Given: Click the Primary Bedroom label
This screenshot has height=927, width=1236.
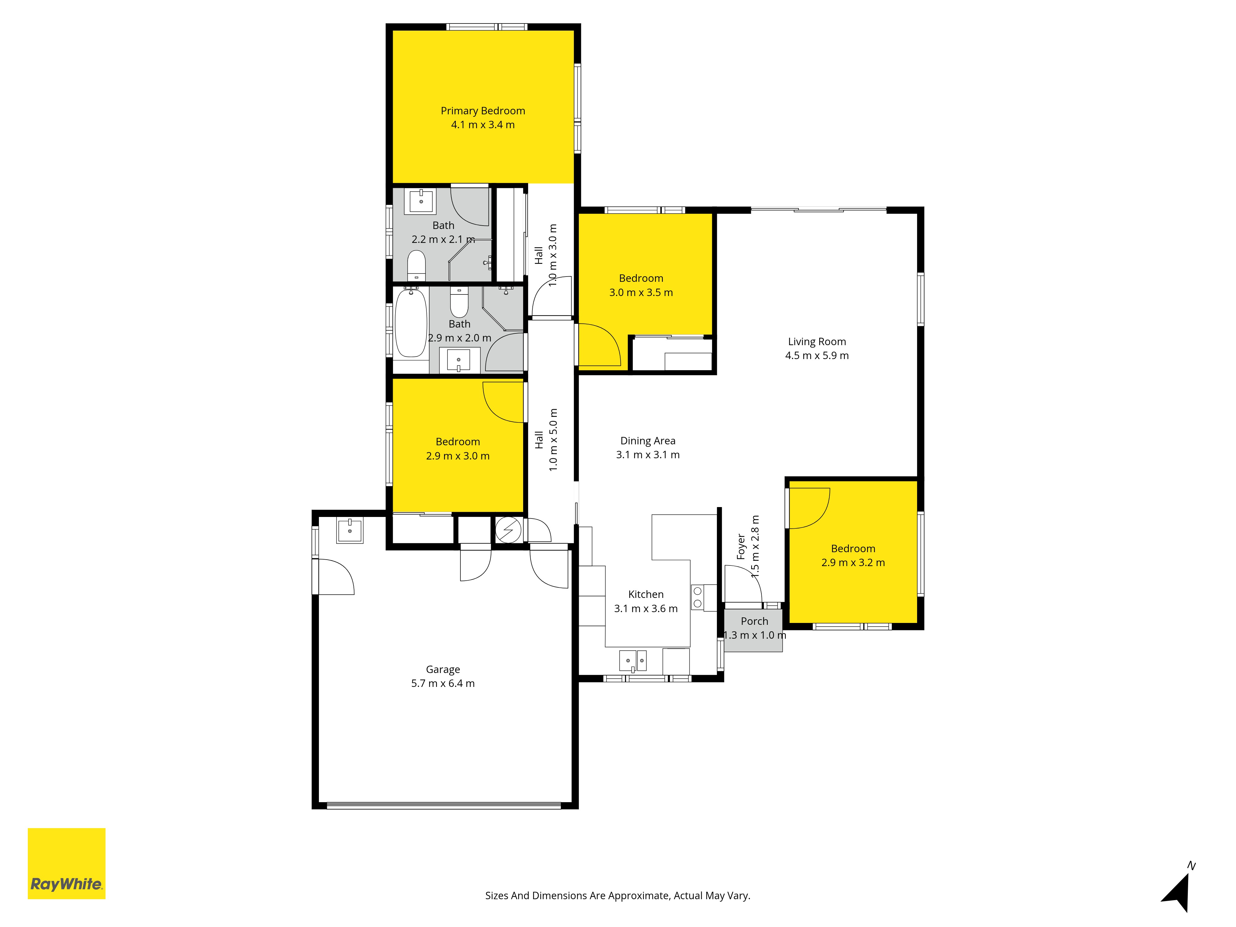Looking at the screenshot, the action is tap(483, 111).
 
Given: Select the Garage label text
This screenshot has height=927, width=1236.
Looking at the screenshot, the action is tap(442, 669).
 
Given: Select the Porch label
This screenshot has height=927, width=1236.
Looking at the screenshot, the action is tap(754, 621).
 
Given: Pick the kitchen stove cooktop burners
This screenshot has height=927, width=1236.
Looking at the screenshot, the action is tap(697, 597).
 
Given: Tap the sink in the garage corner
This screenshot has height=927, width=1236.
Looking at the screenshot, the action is tap(350, 530).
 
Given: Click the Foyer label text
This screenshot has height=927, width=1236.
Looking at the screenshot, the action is tap(741, 547).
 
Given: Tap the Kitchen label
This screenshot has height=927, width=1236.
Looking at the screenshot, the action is tap(646, 595).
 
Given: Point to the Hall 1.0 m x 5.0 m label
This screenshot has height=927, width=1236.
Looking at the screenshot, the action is tap(546, 440).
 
